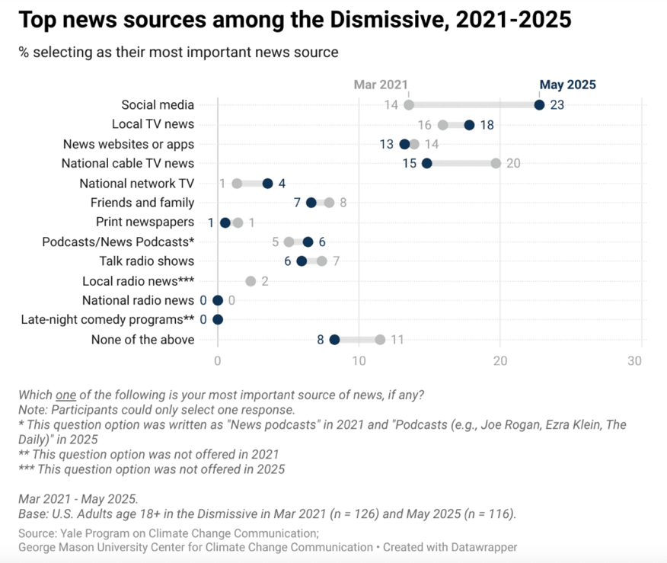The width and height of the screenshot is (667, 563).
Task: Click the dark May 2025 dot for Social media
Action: (x=539, y=105)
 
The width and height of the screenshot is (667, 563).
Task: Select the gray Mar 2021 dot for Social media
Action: (x=409, y=105)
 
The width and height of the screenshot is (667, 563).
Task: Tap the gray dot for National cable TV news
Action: (x=496, y=163)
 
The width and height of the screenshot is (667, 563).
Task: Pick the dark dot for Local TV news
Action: (x=469, y=125)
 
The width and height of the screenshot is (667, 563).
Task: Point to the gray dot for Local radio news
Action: (x=251, y=280)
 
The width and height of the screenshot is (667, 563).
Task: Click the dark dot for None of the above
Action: (x=334, y=339)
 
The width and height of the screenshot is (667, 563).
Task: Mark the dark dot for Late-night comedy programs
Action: (x=218, y=319)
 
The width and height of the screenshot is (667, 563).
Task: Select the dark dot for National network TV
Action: (x=267, y=183)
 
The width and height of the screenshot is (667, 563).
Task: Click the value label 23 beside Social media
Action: (x=557, y=105)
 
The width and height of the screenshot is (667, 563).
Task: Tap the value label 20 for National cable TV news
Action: (x=513, y=163)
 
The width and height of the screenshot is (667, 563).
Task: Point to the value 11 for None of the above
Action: (x=397, y=339)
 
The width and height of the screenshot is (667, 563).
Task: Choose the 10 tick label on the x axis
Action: (x=358, y=362)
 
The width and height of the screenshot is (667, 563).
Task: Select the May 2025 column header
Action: (x=567, y=85)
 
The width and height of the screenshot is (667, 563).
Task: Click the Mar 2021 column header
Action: (x=381, y=85)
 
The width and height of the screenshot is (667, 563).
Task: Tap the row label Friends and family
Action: (x=142, y=203)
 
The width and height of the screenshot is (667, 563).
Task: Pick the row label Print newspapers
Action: (x=145, y=222)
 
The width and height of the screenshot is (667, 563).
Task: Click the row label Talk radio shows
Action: (x=147, y=261)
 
